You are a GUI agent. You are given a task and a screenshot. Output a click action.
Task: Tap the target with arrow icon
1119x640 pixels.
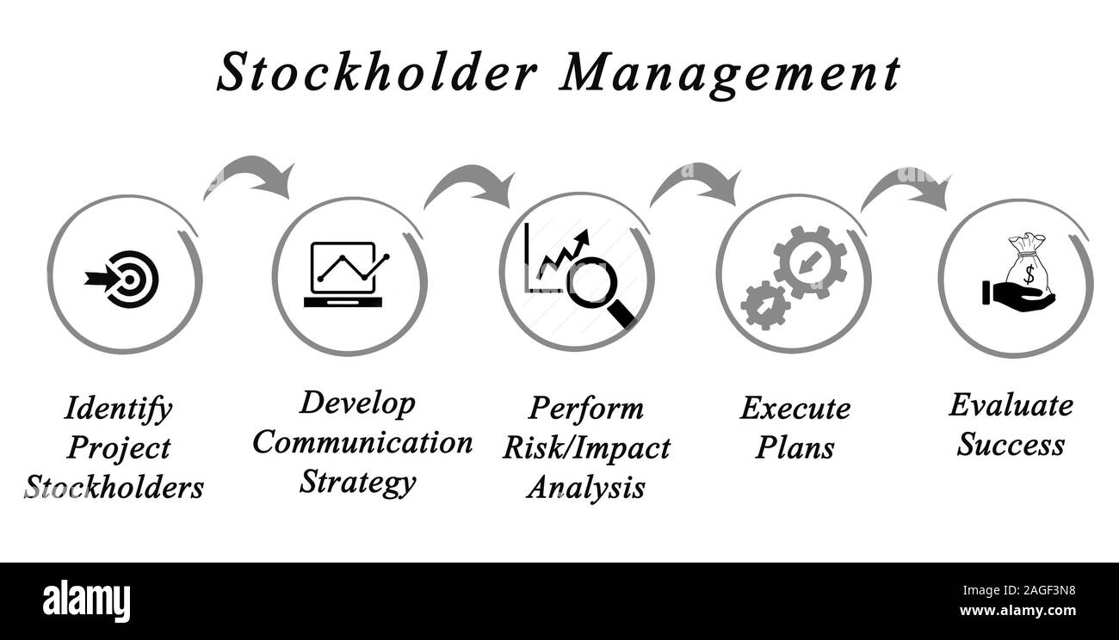pos(125,278)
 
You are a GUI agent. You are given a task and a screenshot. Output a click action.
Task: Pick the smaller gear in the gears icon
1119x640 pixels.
pos(764,305)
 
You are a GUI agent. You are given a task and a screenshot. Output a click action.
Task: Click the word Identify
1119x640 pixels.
pos(118,409)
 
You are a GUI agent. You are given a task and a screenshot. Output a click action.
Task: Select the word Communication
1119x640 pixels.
pos(362,443)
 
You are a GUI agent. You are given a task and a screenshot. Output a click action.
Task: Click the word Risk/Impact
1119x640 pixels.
pos(586,448)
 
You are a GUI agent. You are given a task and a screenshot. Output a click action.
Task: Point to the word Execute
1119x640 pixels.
pos(794,409)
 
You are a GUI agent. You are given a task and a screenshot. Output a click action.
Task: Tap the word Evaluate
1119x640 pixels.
pos(1011,405)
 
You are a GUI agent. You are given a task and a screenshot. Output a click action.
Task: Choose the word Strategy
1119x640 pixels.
pos(357,482)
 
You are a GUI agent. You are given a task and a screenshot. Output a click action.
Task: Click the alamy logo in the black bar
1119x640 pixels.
pos(86,600)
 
